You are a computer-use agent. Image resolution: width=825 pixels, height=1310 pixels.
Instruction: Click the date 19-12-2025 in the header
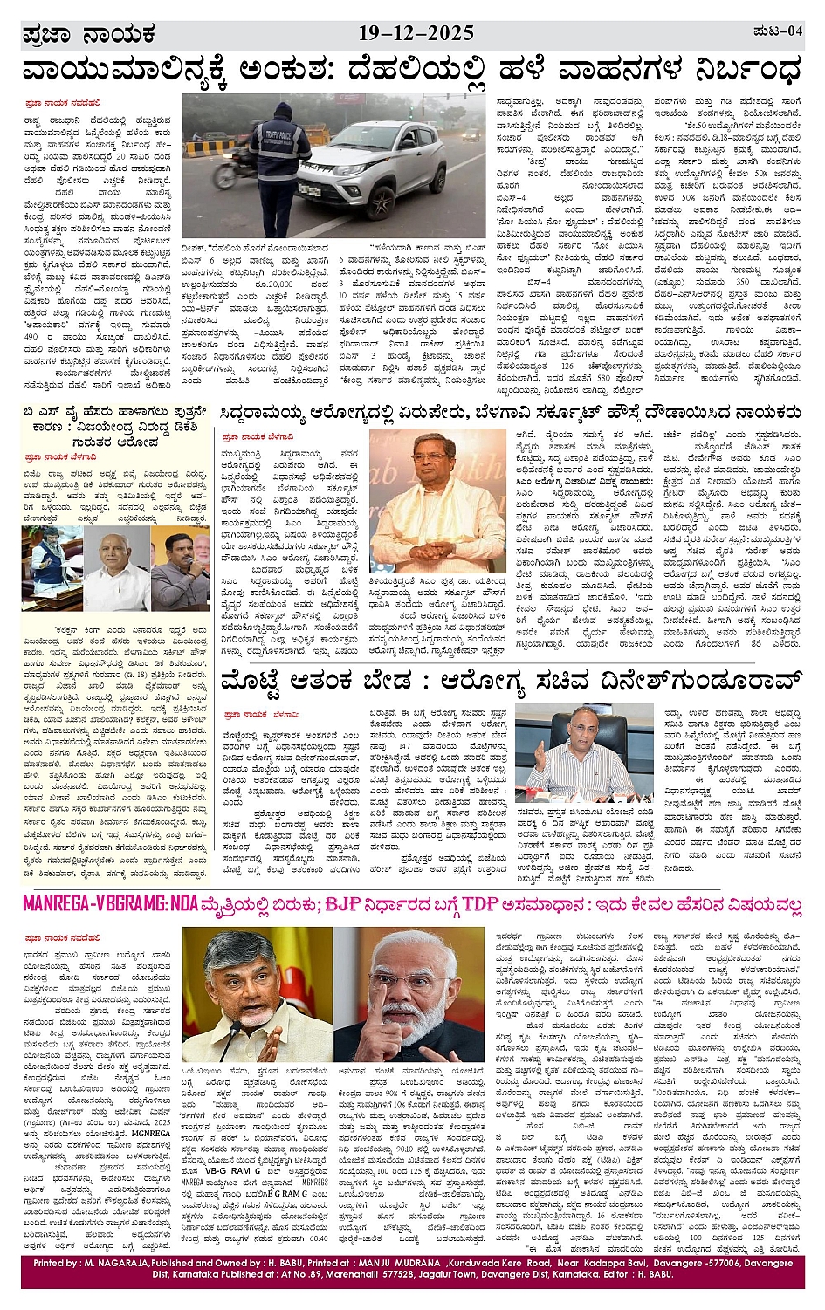(x=416, y=34)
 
